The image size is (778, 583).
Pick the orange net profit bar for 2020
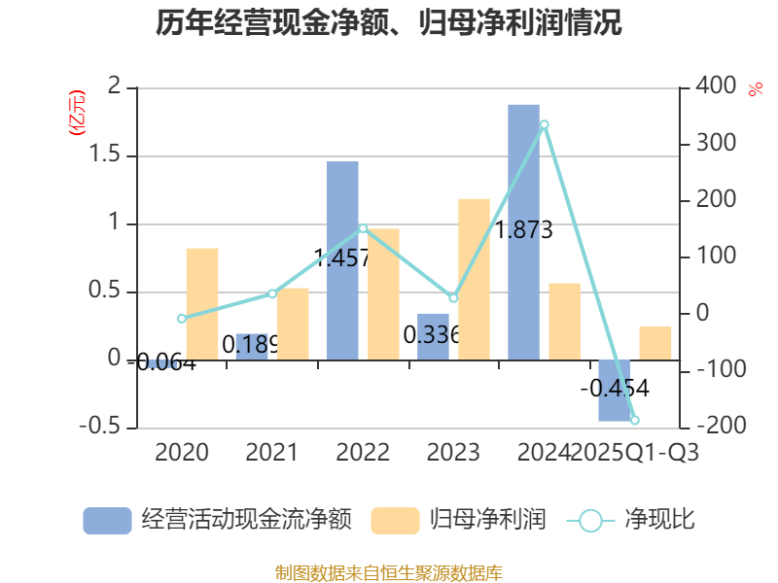click(202, 303)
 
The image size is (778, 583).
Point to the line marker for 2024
click(544, 124)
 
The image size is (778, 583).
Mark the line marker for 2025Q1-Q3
click(635, 420)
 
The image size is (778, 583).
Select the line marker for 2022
click(363, 228)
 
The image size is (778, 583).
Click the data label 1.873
click(524, 230)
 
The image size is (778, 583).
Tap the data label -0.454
click(615, 388)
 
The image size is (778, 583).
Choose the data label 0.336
click(432, 336)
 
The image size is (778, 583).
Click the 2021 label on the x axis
click(271, 452)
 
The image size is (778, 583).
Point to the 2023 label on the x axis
click(453, 452)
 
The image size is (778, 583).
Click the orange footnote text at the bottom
click(389, 572)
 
